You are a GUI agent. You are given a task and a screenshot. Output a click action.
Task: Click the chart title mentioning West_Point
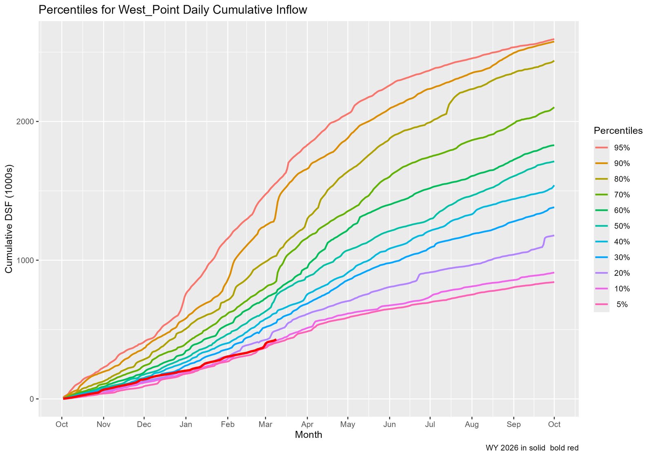173,10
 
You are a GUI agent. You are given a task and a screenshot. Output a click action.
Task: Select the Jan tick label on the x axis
186,424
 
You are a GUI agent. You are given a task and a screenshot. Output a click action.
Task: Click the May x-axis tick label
348,424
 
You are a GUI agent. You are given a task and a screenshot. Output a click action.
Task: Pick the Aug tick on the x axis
472,424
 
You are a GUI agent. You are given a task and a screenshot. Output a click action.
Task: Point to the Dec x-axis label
144,424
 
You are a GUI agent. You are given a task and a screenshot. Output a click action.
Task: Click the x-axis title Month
309,435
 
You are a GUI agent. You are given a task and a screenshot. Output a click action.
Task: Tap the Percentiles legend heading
618,131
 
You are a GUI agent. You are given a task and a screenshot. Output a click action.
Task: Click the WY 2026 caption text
532,448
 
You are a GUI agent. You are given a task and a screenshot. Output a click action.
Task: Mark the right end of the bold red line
276,339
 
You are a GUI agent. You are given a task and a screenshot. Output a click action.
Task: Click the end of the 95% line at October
554,39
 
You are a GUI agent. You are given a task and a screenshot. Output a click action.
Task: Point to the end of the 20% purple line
554,235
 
